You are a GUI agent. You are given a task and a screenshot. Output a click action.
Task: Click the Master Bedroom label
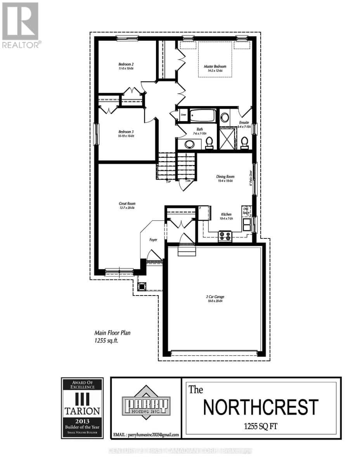[215, 66]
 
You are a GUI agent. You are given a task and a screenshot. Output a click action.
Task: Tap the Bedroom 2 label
[126, 64]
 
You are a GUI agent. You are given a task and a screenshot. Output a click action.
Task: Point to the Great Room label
[127, 203]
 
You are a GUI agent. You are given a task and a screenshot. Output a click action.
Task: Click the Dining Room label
[225, 177]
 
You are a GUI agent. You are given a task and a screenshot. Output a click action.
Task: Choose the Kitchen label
[226, 214]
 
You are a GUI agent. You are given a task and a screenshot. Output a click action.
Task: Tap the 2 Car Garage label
[215, 297]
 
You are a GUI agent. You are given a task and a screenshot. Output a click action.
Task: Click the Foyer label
[154, 240]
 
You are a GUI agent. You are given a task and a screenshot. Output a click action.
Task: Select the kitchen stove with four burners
[225, 236]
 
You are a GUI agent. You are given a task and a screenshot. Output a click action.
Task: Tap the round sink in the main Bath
[190, 144]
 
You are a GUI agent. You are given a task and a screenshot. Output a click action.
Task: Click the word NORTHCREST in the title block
[261, 407]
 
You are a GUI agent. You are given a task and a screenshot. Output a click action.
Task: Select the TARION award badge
[82, 408]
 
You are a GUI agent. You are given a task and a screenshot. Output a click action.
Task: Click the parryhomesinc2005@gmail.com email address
[145, 435]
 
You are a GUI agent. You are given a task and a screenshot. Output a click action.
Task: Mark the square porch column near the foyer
[142, 286]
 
